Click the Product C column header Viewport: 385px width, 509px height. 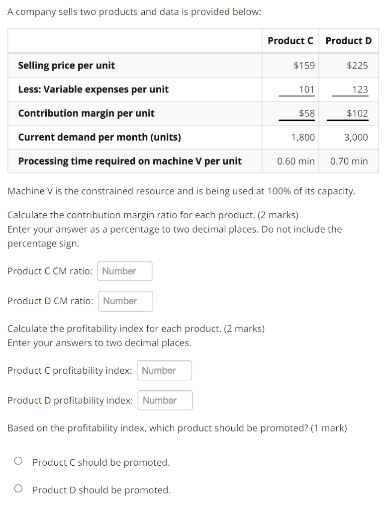click(x=290, y=41)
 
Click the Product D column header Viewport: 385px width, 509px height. click(x=348, y=41)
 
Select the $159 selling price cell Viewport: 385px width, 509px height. click(x=304, y=65)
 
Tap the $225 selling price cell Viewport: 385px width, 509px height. click(x=357, y=65)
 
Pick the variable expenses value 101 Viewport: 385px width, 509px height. click(x=306, y=89)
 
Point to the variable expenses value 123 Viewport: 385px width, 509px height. click(x=360, y=89)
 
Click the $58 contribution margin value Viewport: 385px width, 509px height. click(x=306, y=113)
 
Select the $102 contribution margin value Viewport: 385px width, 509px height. click(x=357, y=113)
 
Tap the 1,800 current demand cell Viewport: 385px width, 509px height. click(x=303, y=137)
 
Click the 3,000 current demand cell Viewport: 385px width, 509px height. click(x=356, y=137)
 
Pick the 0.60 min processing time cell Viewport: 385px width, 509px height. click(x=296, y=161)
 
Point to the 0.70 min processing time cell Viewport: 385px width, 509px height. click(x=349, y=161)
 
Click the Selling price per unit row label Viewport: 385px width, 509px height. click(x=67, y=65)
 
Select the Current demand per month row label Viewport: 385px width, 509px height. click(x=99, y=137)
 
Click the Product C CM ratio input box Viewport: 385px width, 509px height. click(x=125, y=271)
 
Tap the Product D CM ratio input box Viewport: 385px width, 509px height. click(x=125, y=301)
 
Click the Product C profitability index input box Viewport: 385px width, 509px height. click(x=164, y=370)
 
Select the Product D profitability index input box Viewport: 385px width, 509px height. click(x=165, y=400)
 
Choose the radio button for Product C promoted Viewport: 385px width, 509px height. click(x=18, y=462)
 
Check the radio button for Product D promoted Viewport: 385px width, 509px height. click(x=18, y=490)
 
